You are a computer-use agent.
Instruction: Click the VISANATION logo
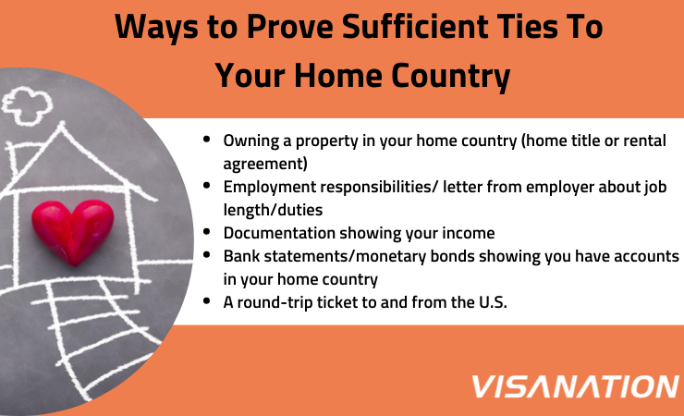click(574, 385)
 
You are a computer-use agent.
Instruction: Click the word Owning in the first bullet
click(250, 141)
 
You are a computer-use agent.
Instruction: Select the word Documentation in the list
click(276, 233)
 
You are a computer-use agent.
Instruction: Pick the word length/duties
click(273, 210)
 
